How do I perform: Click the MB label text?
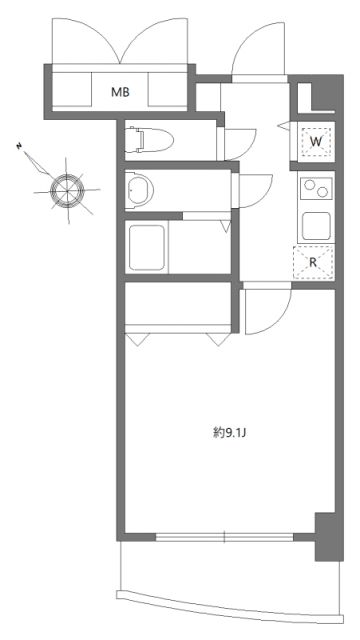click(x=119, y=93)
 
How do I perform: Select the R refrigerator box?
click(x=313, y=262)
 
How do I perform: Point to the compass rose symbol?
click(x=67, y=186)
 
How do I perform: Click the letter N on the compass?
click(x=19, y=146)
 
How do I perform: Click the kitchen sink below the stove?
click(x=316, y=224)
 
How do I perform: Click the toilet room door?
click(x=238, y=140)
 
